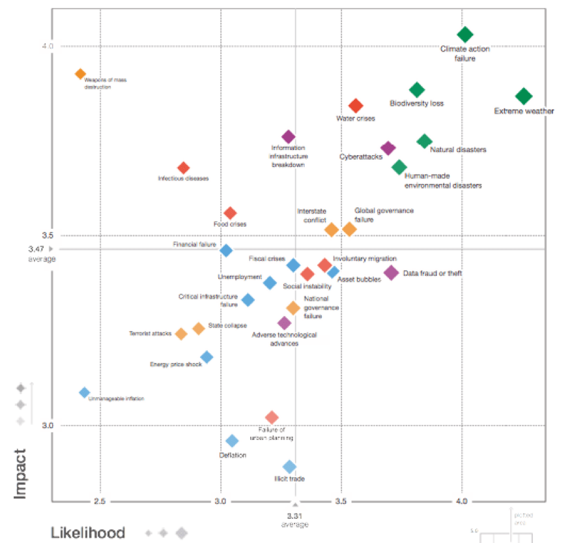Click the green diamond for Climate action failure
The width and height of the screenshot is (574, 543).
click(465, 35)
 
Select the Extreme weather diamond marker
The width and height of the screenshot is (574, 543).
click(524, 96)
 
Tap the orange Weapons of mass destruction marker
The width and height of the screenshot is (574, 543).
click(80, 74)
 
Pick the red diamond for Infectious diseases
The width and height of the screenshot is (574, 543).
click(184, 168)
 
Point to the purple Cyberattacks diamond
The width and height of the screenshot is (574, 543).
click(388, 149)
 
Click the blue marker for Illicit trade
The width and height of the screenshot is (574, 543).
click(289, 467)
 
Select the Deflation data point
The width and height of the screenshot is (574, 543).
click(232, 441)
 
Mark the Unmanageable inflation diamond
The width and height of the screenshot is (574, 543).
click(84, 392)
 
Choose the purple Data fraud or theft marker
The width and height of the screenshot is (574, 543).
click(391, 272)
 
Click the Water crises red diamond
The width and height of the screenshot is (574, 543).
click(356, 106)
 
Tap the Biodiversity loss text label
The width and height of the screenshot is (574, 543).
click(416, 103)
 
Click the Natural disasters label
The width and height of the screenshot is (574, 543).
click(458, 150)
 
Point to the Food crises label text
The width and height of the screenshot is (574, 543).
click(230, 224)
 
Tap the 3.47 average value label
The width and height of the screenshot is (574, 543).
click(36, 249)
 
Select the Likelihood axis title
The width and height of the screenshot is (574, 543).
click(88, 533)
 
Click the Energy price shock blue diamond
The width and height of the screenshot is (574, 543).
click(207, 357)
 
